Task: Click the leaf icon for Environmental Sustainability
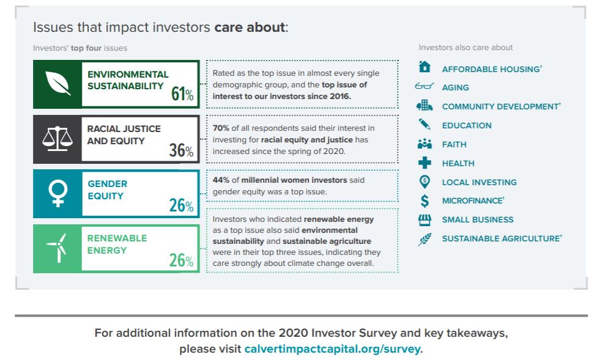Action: click(57, 84)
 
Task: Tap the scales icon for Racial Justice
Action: click(57, 139)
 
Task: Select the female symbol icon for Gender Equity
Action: click(57, 194)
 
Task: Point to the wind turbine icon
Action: click(57, 248)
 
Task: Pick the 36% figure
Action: click(181, 150)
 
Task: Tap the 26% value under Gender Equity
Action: click(181, 205)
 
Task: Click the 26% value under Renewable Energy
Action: click(181, 260)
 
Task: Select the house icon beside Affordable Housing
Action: click(424, 67)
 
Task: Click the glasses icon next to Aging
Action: click(424, 87)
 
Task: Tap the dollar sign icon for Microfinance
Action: click(424, 200)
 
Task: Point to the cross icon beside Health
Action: click(424, 163)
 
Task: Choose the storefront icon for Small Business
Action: click(424, 219)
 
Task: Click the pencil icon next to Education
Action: click(424, 125)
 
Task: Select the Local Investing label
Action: click(479, 182)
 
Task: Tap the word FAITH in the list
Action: click(454, 144)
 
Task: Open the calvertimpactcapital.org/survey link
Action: click(333, 350)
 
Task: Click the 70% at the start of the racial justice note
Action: click(221, 128)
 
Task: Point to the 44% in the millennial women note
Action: click(221, 180)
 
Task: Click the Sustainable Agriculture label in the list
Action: click(501, 238)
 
